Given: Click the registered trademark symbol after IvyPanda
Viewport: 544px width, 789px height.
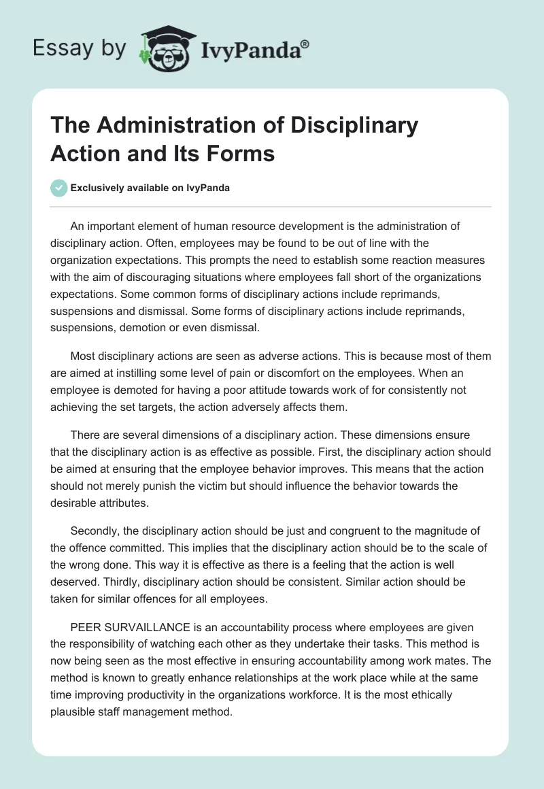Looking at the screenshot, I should [305, 44].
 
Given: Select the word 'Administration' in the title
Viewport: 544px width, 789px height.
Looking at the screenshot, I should [184, 126].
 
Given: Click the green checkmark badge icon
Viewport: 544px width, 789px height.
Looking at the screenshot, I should [59, 188].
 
